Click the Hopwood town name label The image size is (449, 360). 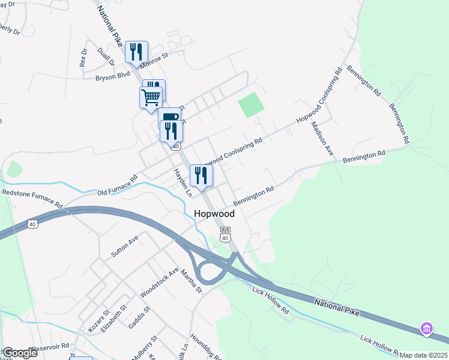[214, 214]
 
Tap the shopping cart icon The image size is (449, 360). [151, 97]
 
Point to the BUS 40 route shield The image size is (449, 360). [225, 234]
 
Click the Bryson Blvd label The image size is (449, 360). [112, 77]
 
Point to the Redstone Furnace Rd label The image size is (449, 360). [32, 198]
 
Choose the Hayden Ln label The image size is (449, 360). [182, 182]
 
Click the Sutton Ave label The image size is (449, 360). [125, 246]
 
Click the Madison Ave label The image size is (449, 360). [321, 140]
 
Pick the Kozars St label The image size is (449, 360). [98, 320]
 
